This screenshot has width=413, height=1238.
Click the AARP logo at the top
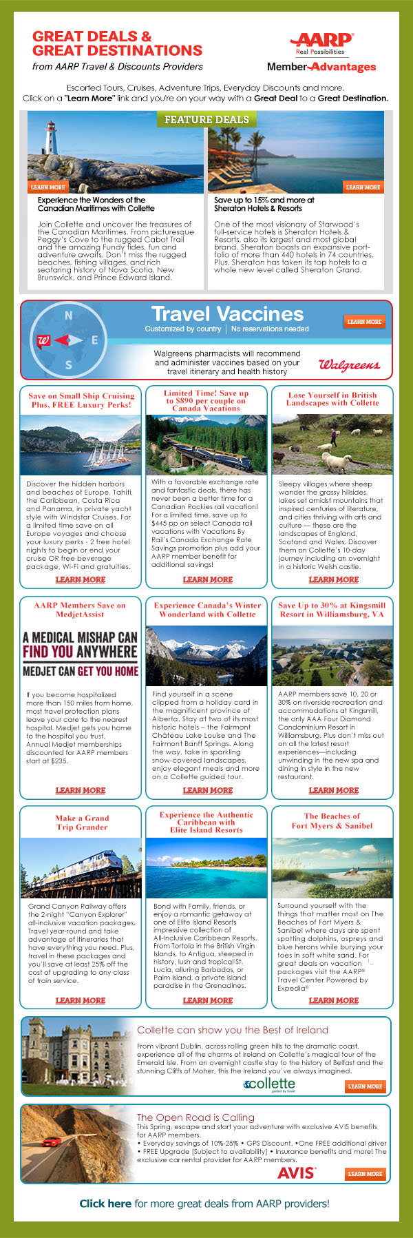[321, 43]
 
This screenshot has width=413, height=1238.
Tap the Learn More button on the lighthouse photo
[47, 187]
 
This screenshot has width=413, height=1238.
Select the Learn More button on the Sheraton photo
[363, 187]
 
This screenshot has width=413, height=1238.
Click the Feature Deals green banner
[206, 120]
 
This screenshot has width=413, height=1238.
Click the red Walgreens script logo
[349, 364]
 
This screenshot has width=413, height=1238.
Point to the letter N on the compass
[68, 315]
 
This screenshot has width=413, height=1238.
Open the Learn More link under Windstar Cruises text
[81, 579]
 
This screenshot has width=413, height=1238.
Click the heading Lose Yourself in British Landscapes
[332, 399]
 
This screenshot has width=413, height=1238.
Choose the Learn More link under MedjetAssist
[81, 790]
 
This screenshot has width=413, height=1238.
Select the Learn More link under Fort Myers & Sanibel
[334, 1000]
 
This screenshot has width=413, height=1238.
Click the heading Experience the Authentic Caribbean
[206, 822]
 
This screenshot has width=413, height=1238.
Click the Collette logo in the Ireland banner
[269, 1084]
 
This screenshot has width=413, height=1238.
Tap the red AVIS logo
[297, 1173]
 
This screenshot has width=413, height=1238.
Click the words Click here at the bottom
[105, 1204]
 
